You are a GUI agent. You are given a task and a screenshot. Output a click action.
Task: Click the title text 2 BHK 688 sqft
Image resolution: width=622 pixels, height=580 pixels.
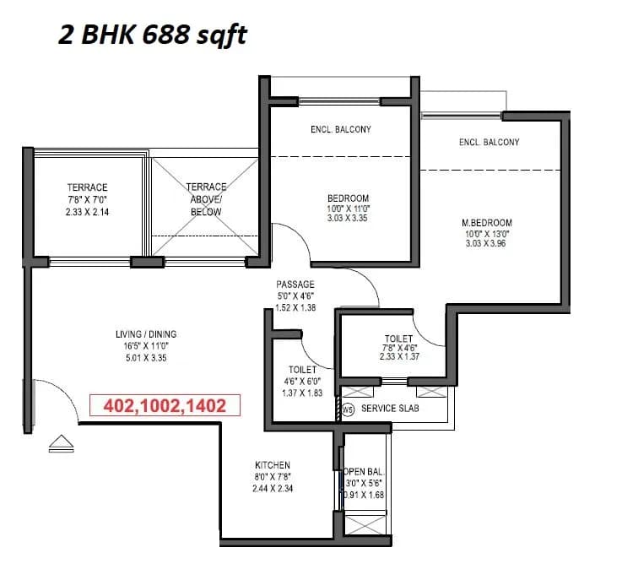click(x=153, y=35)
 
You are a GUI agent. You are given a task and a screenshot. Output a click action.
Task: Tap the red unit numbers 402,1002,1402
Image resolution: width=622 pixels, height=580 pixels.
click(x=165, y=405)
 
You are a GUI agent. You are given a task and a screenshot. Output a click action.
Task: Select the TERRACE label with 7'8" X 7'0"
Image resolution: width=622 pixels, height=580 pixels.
click(x=88, y=187)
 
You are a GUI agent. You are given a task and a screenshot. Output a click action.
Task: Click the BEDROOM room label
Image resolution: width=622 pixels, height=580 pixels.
click(x=349, y=199)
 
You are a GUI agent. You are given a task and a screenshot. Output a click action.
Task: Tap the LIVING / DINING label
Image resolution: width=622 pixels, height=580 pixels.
click(x=146, y=334)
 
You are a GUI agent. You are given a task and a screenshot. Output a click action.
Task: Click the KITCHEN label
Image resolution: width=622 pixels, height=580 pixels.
click(x=273, y=465)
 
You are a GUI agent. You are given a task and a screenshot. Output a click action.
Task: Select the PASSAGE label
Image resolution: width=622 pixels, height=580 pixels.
click(x=295, y=285)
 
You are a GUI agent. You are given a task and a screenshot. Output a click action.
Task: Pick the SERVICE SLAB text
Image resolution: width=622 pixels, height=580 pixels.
click(x=390, y=409)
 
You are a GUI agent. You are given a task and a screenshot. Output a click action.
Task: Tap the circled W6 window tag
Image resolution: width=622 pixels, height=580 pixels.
click(x=347, y=409)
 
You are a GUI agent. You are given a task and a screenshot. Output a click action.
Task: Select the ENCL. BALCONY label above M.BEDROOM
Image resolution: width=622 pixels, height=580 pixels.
click(x=489, y=142)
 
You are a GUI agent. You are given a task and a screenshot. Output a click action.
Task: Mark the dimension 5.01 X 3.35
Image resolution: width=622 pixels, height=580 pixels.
click(x=146, y=357)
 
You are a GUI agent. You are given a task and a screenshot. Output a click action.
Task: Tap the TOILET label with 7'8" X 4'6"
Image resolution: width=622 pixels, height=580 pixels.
click(x=398, y=339)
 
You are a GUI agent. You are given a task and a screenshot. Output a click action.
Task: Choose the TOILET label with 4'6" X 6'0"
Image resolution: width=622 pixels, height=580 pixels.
click(x=302, y=370)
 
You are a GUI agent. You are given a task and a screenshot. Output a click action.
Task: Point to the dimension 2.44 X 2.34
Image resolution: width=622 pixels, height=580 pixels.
click(x=273, y=488)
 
